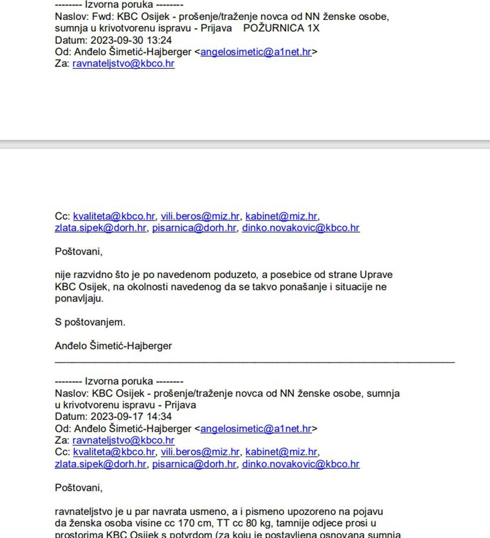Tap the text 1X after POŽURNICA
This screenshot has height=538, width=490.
point(313,28)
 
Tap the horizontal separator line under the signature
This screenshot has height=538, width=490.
point(254,361)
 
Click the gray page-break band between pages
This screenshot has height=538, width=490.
point(245,144)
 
